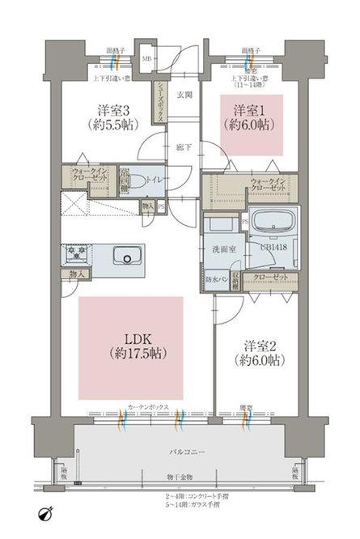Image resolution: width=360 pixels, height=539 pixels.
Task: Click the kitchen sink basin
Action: (126, 257)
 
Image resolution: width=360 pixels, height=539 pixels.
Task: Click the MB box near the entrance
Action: (146, 59)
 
